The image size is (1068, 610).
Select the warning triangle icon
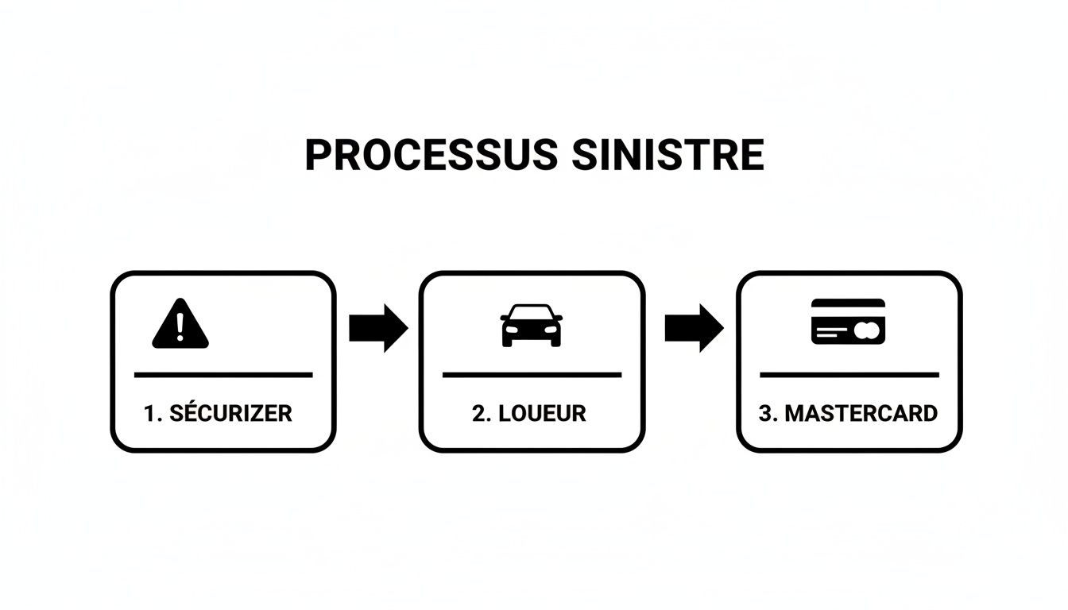[x=180, y=325]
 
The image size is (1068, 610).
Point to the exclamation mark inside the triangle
[x=180, y=326]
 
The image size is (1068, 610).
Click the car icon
[x=531, y=325]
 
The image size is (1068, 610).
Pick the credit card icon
[x=848, y=321]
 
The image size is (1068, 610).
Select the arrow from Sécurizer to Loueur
[x=378, y=326]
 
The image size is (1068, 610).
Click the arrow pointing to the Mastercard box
[x=694, y=326]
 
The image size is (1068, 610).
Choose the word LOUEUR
[x=543, y=413]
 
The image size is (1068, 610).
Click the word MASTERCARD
[x=861, y=413]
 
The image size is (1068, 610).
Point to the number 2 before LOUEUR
[x=478, y=413]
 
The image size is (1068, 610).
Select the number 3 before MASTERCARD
[x=765, y=413]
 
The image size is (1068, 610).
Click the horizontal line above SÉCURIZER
[x=223, y=374]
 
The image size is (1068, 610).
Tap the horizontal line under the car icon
[x=532, y=374]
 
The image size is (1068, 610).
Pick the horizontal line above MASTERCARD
[x=849, y=374]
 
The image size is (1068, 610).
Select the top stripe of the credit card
[x=848, y=303]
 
